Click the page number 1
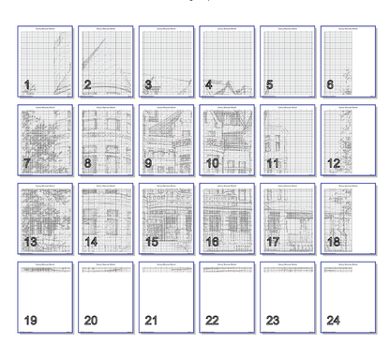[28, 85]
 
